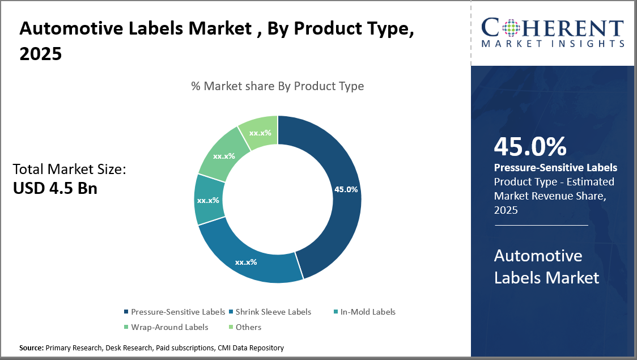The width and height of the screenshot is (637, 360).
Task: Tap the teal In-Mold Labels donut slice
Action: coord(209,200)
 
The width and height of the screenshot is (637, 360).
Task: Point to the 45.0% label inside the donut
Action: coord(346,189)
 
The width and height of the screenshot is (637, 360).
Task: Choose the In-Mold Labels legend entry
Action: coord(371,312)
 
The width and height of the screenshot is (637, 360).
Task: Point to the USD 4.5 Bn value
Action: coord(55,188)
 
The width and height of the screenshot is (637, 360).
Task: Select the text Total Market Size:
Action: coord(69,168)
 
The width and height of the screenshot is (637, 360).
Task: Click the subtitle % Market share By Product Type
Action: coord(277,86)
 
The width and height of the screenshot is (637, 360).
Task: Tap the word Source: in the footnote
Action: coord(31,348)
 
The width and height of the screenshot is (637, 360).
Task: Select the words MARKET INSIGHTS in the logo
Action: coord(553,43)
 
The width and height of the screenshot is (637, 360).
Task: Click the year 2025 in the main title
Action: coord(40,54)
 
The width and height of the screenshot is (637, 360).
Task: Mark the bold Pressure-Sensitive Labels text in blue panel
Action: coord(555,168)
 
